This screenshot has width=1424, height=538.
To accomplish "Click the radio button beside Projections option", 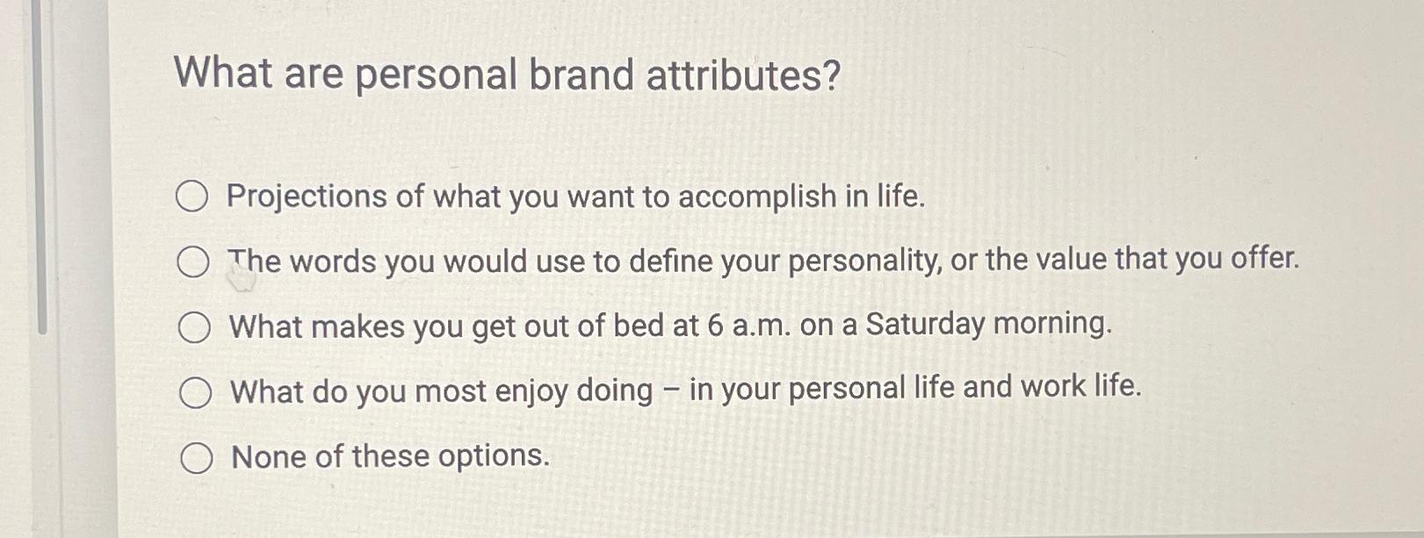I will pyautogui.click(x=192, y=197).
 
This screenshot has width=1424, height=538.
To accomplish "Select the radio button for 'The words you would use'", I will pyautogui.click(x=193, y=262).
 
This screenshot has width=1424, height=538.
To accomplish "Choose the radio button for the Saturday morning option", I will pyautogui.click(x=194, y=327).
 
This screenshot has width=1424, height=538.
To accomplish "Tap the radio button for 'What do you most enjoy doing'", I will pyautogui.click(x=195, y=392).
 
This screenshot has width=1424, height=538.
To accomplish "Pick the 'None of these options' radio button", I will pyautogui.click(x=196, y=457).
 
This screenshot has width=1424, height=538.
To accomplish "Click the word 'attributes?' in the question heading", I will pyautogui.click(x=743, y=75).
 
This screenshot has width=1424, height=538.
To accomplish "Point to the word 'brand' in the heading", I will pyautogui.click(x=581, y=75).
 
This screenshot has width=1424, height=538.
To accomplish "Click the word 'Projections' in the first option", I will pyautogui.click(x=307, y=197).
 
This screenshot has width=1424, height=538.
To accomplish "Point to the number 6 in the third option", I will pyautogui.click(x=715, y=326).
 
